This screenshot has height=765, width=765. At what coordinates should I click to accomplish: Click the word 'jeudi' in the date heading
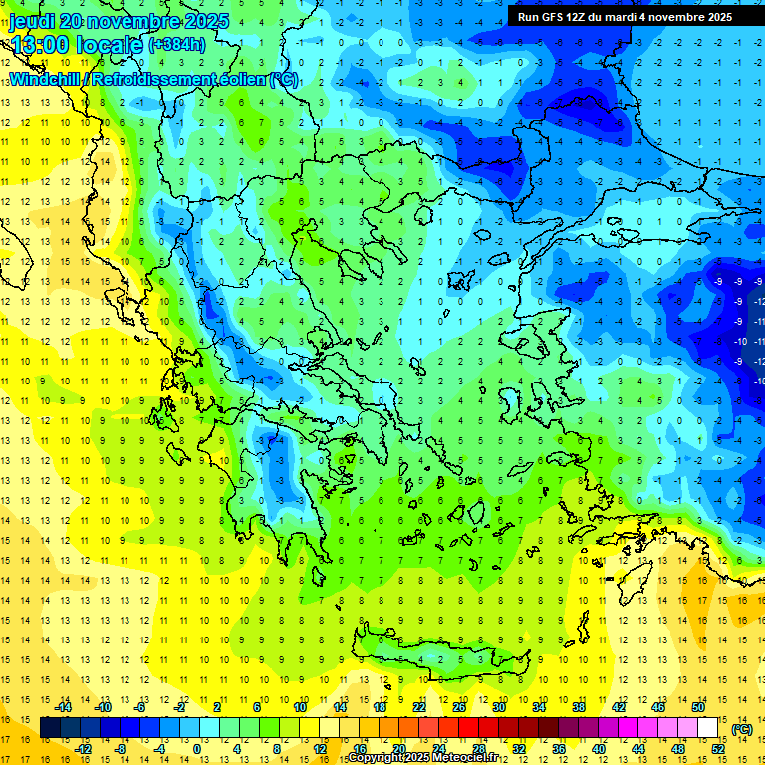33,21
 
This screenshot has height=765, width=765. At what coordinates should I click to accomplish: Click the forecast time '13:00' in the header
41,45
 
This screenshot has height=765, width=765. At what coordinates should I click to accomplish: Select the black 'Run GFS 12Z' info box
625,16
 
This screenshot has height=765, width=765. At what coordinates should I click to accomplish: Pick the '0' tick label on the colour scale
197,749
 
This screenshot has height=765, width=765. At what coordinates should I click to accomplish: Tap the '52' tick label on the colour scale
718,749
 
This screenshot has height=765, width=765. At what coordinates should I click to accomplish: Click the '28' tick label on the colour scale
478,749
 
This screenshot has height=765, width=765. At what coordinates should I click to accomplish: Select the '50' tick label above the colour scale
698,707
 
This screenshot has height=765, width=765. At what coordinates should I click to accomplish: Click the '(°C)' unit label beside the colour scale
741,729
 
